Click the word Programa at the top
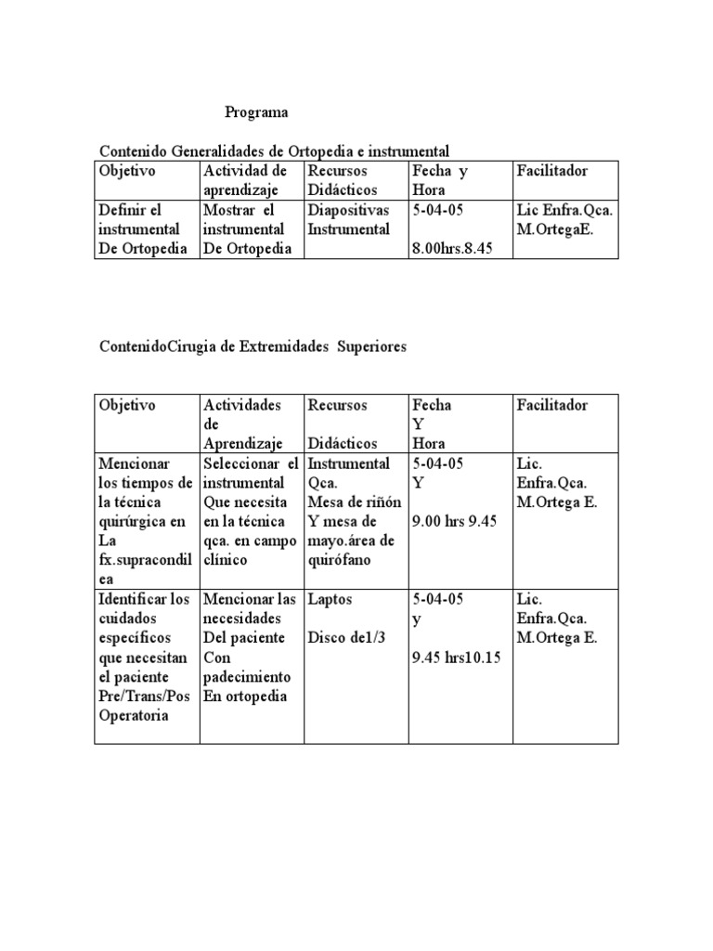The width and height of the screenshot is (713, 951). pos(256,112)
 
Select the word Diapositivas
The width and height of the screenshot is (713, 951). pos(348,209)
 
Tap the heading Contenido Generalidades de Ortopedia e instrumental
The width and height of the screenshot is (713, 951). pos(274,150)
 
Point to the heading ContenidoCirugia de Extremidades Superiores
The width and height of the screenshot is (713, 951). pos(253,346)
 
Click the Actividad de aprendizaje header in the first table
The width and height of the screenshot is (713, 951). pos(245,180)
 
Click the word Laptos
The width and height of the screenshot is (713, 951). pos(330,599)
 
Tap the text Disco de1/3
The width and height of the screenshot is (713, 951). pos(346,638)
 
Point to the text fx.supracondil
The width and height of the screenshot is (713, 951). pos(143,560)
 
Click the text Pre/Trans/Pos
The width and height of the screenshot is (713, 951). pos(144,697)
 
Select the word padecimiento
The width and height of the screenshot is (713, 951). pos(246,677)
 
